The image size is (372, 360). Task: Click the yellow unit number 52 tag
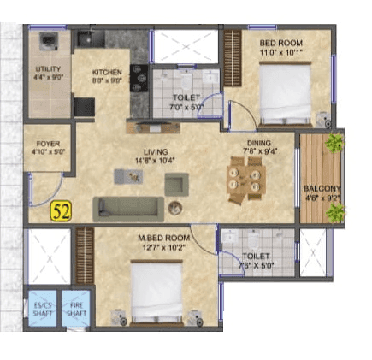[x=60, y=211]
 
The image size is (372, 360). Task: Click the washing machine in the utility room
[x=48, y=42]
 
